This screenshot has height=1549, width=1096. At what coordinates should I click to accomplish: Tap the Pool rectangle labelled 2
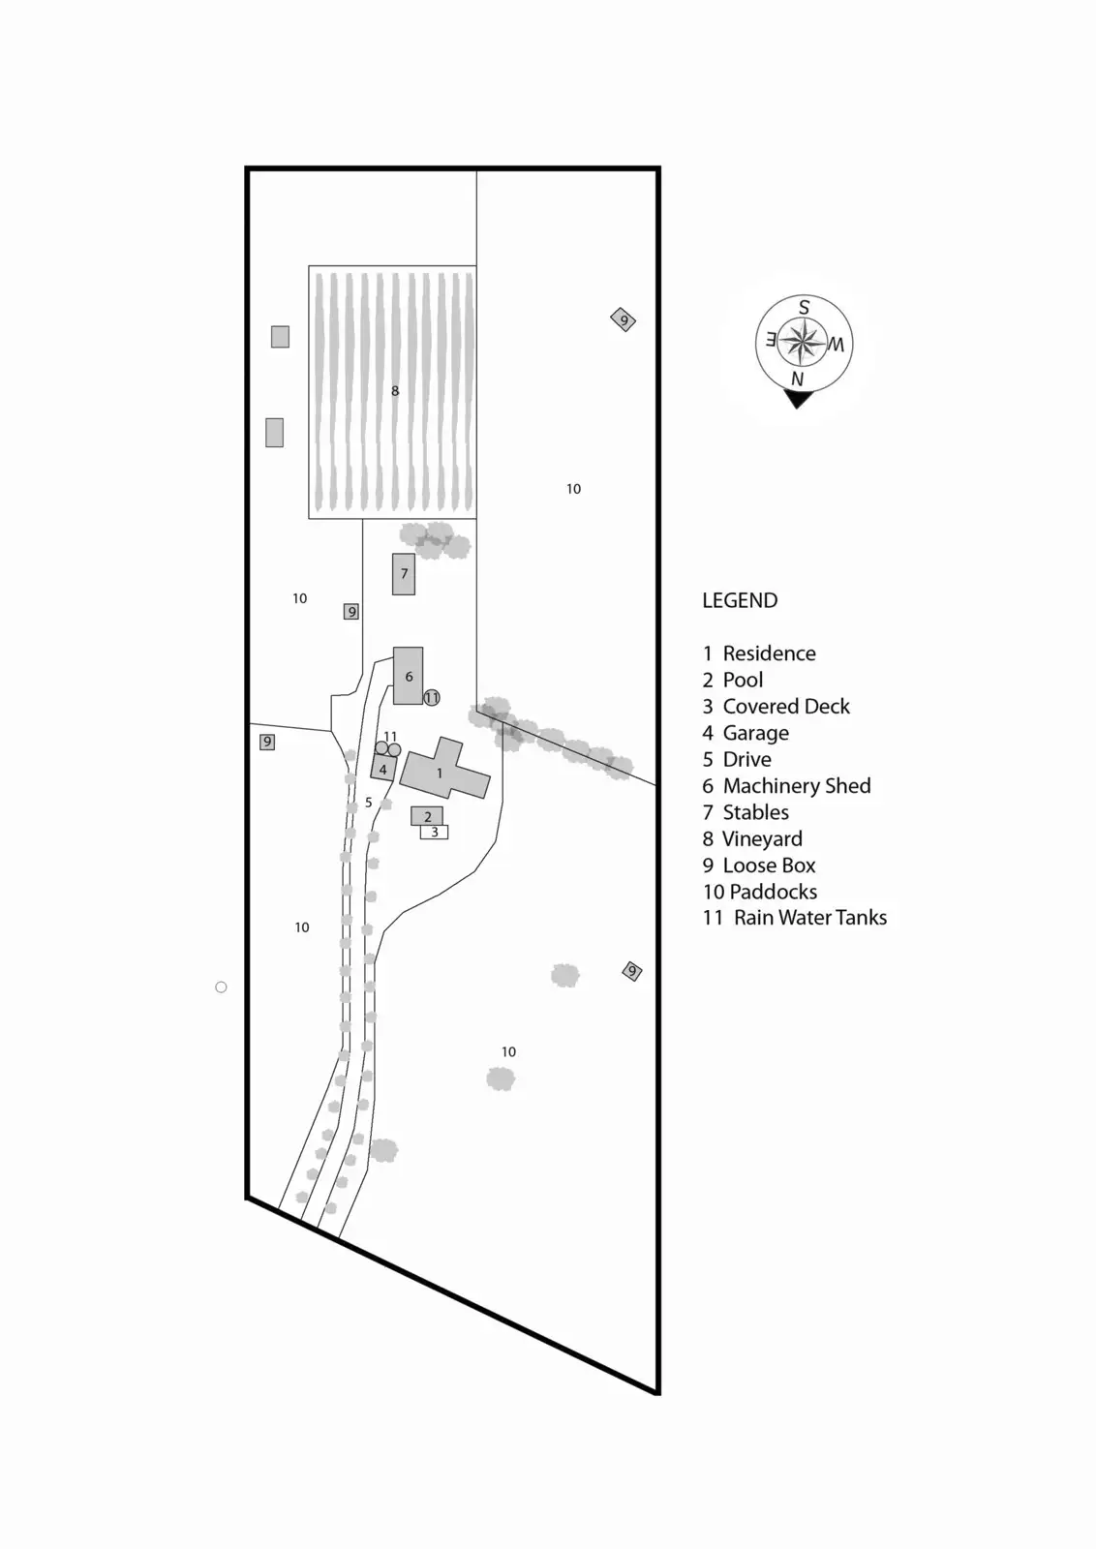point(427,816)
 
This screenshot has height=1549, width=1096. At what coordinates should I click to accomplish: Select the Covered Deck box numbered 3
point(435,832)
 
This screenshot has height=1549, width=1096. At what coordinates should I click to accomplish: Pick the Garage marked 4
point(382,769)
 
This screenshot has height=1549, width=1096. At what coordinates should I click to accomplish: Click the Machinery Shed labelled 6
point(408,676)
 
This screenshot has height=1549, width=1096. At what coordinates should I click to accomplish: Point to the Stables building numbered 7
point(404,573)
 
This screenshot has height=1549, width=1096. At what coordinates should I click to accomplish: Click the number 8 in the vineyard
point(395,391)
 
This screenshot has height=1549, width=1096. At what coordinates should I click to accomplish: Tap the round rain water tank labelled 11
point(432,697)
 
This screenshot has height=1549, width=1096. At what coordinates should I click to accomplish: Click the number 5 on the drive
point(369,803)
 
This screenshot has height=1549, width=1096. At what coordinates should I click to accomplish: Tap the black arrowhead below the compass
point(798,398)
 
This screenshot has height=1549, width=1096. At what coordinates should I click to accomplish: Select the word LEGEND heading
point(740,600)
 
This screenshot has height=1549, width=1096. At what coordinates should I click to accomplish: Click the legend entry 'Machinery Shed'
point(786,786)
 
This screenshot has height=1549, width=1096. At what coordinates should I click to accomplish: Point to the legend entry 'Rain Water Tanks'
point(795,918)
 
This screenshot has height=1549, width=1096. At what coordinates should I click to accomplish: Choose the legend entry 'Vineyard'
point(752,839)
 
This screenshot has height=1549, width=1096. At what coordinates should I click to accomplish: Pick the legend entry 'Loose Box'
point(759,866)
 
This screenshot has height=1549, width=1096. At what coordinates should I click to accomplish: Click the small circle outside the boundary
point(221,987)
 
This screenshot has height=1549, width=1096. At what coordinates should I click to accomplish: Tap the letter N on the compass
point(797,379)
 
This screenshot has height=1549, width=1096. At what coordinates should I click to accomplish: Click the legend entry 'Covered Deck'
point(776,707)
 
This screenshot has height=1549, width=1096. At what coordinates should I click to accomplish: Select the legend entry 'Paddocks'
point(760,892)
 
